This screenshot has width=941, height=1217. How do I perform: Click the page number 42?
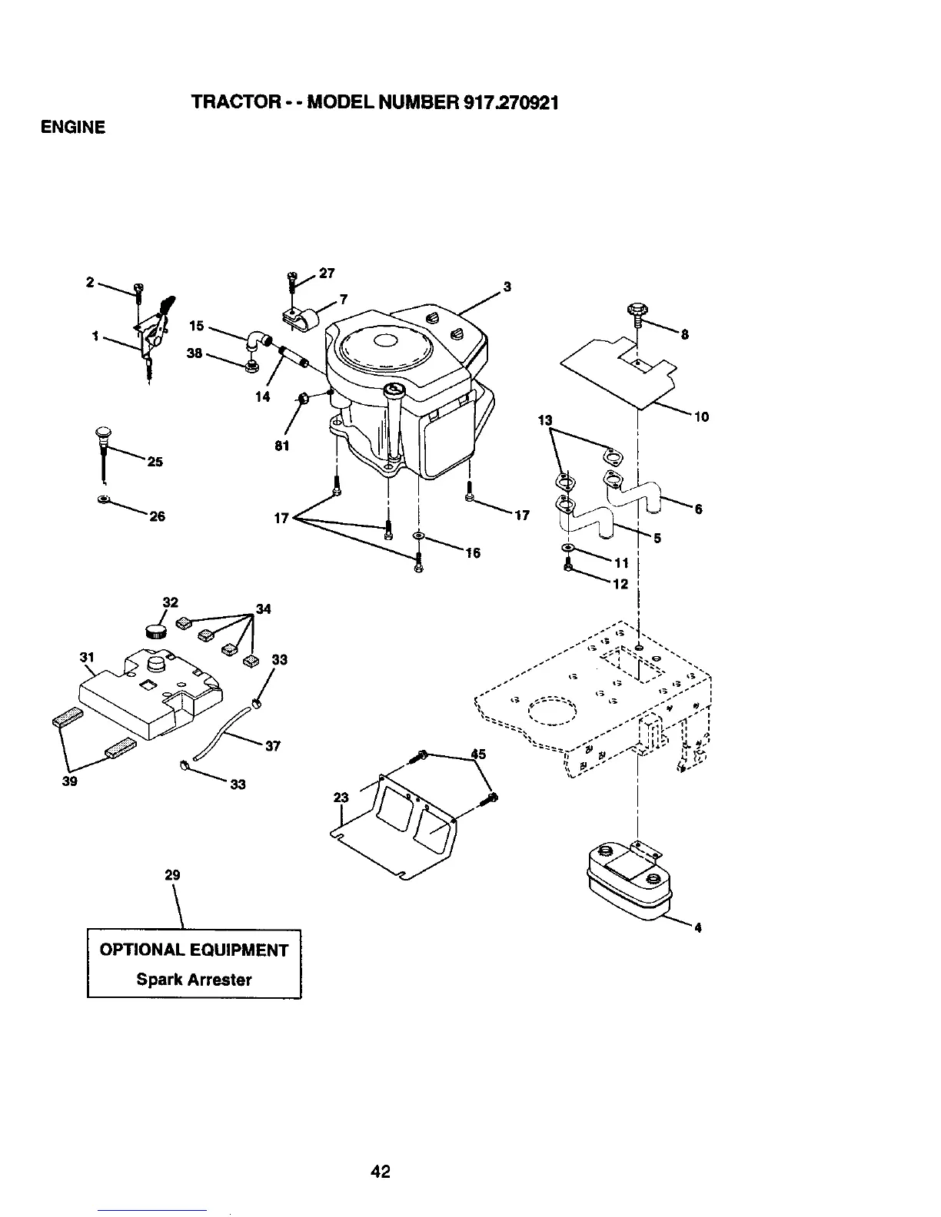(x=381, y=1171)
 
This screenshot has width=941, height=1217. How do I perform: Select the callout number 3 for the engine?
(x=507, y=287)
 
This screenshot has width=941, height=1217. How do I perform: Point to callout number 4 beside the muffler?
(x=697, y=927)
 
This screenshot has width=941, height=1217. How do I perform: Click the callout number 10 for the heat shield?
(x=700, y=417)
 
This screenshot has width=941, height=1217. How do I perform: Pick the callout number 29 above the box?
(x=172, y=875)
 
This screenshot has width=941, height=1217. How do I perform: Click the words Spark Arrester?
(x=194, y=980)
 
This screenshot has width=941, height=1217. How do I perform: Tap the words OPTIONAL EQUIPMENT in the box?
(x=194, y=950)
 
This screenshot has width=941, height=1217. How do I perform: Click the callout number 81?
(x=282, y=446)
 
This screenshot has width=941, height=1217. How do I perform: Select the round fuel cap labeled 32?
(x=156, y=631)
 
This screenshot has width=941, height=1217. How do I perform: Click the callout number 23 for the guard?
(x=341, y=798)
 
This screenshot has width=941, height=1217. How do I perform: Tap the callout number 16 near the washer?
(x=473, y=553)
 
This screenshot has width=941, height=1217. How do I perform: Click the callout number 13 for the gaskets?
(x=545, y=420)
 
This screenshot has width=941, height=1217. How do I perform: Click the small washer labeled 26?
(x=103, y=500)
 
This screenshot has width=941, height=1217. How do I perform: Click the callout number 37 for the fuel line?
(x=273, y=746)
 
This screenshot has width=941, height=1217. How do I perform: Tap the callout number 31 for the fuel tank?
(x=86, y=656)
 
